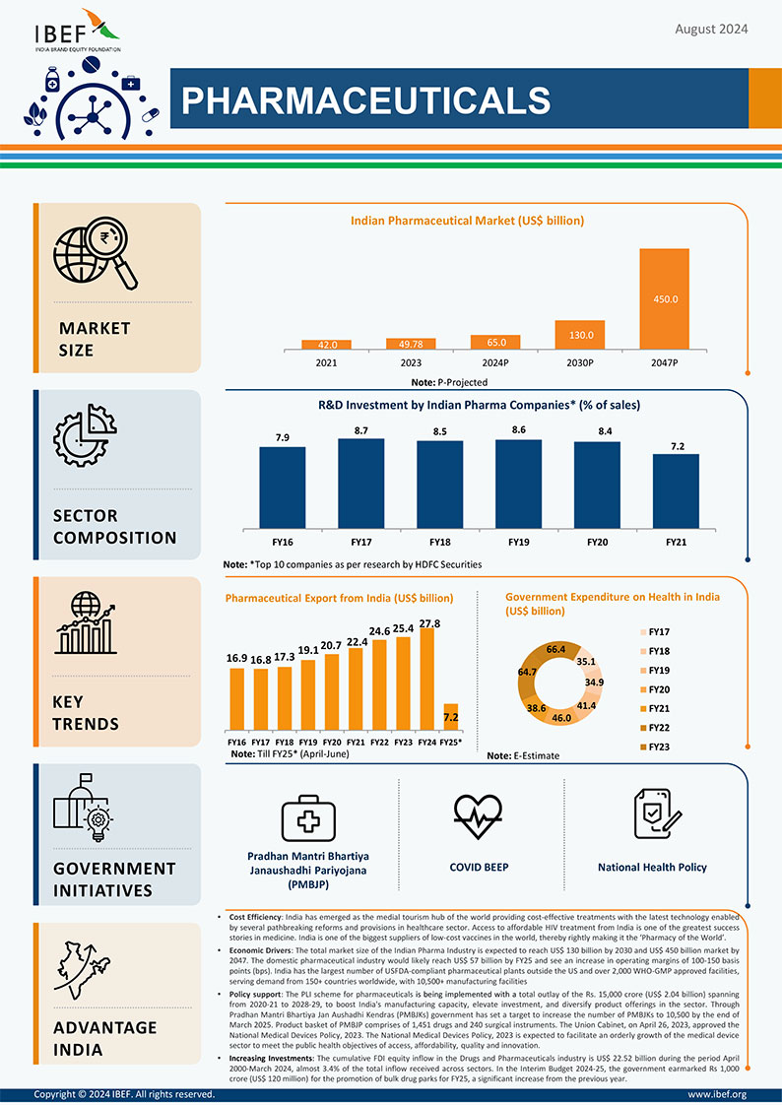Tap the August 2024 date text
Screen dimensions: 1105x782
[711, 30]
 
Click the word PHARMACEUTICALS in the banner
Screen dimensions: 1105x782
[366, 99]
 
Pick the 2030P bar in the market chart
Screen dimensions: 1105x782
[579, 335]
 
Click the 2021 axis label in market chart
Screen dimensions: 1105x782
[326, 363]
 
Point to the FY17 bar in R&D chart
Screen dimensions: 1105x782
[360, 483]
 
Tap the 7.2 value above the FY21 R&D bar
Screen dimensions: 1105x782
[678, 446]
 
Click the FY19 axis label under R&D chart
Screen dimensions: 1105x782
[519, 543]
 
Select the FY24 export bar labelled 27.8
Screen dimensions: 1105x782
[426, 680]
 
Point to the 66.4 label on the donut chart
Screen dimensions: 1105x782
[555, 650]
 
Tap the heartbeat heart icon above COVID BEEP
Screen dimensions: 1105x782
[480, 813]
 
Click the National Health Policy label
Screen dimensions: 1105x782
[652, 868]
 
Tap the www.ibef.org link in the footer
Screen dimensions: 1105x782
[717, 1094]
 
